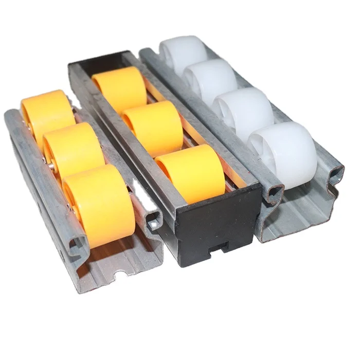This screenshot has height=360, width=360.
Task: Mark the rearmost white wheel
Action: [183, 51]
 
